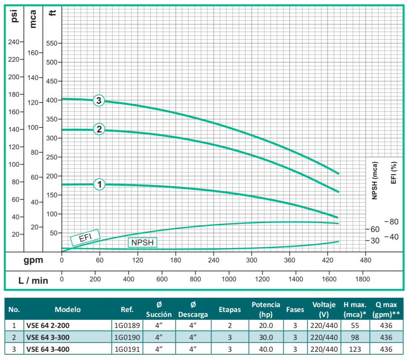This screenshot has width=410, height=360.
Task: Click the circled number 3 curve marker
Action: tap(98, 100)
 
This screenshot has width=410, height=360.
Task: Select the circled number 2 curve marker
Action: tap(99, 129)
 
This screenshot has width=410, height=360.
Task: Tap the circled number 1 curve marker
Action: tap(99, 185)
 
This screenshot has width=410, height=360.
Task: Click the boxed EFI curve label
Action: tap(85, 237)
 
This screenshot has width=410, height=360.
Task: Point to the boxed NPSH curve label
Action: tap(142, 242)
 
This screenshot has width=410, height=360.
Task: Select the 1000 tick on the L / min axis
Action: tap(229, 279)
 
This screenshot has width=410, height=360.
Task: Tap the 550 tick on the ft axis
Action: tap(53, 43)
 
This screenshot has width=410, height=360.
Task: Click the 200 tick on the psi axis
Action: tap(14, 77)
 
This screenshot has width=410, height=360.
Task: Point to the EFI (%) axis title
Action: tap(394, 173)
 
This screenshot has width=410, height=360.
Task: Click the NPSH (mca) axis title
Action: tap(375, 180)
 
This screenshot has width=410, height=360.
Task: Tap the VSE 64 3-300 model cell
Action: tap(48, 337)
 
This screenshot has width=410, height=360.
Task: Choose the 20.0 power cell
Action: tap(266, 326)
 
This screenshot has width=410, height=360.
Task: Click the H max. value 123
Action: tap(355, 349)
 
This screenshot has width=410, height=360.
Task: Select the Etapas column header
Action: tap(230, 310)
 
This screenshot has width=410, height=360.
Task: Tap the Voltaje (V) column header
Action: tap(324, 310)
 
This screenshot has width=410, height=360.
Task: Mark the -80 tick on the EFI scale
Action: tap(392, 222)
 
